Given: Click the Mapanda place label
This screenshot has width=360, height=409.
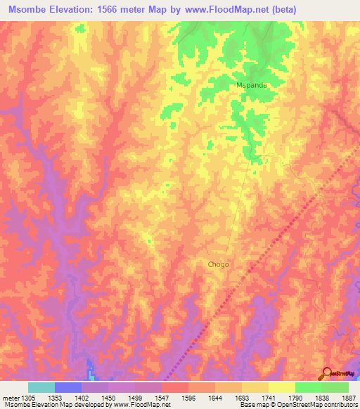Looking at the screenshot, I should pyautogui.click(x=250, y=85).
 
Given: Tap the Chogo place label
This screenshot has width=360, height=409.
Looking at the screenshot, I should pyautogui.click(x=218, y=265).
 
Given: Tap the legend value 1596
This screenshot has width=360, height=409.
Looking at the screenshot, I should pyautogui.click(x=188, y=398).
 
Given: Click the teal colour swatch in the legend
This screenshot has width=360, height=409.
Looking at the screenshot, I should pyautogui.click(x=41, y=387).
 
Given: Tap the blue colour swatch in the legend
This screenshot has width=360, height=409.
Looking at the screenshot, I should pyautogui.click(x=68, y=387).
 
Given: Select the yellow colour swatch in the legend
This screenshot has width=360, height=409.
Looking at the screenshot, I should pyautogui.click(x=281, y=387).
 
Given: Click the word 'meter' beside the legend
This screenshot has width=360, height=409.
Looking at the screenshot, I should pyautogui.click(x=10, y=398).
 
